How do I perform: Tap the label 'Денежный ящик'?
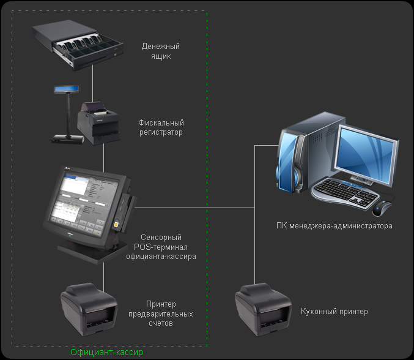click(160, 51)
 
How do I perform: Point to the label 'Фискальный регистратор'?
click(160, 127)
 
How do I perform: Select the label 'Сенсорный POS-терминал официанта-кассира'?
click(161, 247)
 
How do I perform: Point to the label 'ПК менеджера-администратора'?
click(334, 226)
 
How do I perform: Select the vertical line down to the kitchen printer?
click(254, 245)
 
